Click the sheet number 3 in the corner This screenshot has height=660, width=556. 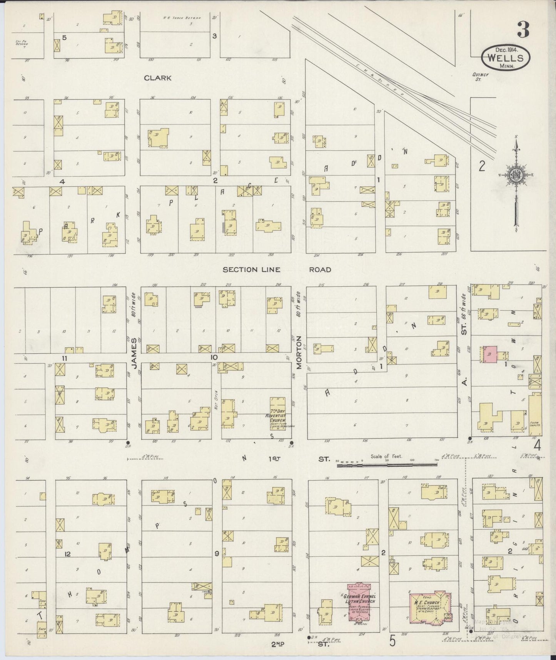coord(523,30)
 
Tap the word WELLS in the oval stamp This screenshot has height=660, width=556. coord(506,58)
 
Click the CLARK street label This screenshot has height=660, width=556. coord(157,78)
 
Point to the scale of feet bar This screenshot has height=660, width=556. coord(387,465)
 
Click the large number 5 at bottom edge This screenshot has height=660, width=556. coord(392,641)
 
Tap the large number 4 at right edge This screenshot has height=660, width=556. coord(537,446)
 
